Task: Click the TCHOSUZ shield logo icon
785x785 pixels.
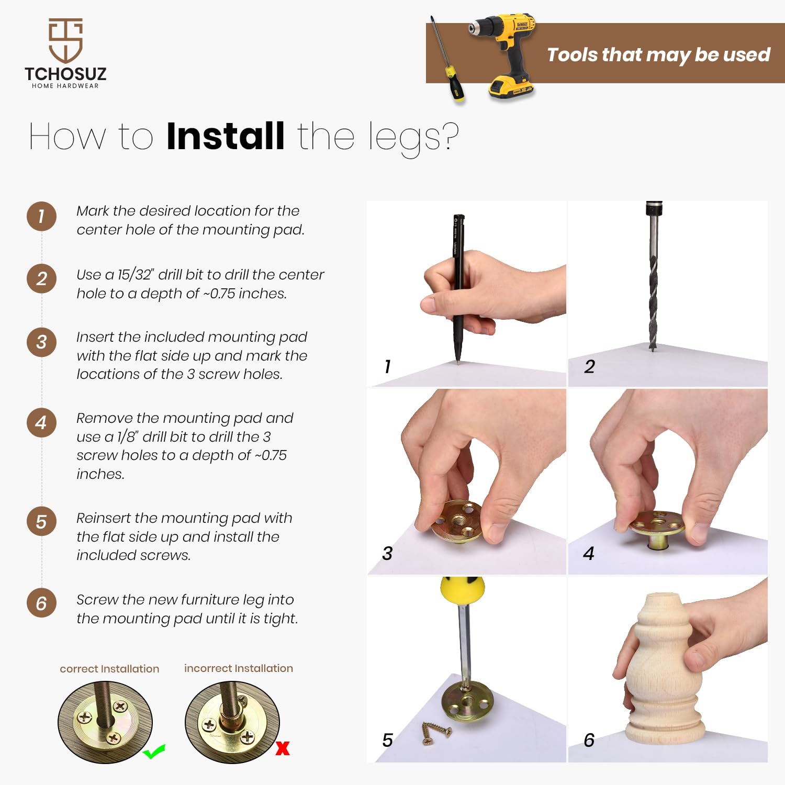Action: [x=65, y=40]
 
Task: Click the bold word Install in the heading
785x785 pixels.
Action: [x=226, y=136]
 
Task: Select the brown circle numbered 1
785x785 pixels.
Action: [x=41, y=216]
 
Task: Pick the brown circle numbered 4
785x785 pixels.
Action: [x=41, y=422]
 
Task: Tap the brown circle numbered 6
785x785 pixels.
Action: [x=41, y=603]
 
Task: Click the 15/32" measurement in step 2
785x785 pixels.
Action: [x=136, y=274]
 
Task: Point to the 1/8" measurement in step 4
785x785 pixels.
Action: [x=127, y=436]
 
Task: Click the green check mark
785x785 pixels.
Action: [x=154, y=752]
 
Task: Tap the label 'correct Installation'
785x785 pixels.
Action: [x=109, y=669]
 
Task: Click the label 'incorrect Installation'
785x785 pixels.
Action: [x=239, y=668]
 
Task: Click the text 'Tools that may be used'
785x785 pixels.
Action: [x=658, y=55]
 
